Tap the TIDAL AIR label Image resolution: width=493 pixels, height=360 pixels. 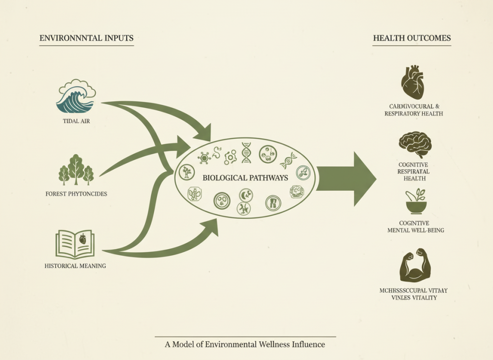click(x=76, y=121)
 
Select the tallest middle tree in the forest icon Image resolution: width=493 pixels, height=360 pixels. click(x=76, y=169)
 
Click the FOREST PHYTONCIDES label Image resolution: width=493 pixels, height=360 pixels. click(x=76, y=194)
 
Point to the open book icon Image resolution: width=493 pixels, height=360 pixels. click(x=75, y=244)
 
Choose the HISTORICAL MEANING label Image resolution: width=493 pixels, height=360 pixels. click(x=75, y=266)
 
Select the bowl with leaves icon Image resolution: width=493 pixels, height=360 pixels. click(x=415, y=202)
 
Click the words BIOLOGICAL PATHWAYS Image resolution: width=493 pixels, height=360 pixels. click(x=245, y=178)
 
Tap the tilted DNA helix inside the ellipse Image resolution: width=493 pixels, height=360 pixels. click(x=288, y=161)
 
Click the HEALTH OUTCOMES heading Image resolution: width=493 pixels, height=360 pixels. click(x=412, y=38)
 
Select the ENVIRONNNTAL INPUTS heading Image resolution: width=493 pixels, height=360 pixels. click(x=86, y=38)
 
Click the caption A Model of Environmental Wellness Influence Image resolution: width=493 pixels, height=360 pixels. click(x=245, y=344)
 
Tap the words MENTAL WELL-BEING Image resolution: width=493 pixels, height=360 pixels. click(x=415, y=230)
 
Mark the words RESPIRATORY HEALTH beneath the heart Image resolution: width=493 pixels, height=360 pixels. click(x=414, y=114)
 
